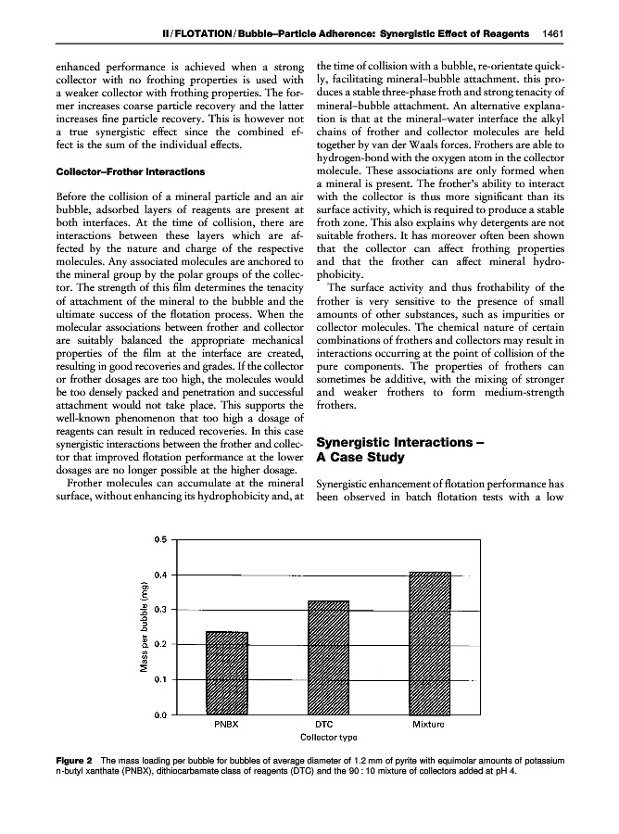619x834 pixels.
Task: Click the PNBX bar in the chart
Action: [x=227, y=673]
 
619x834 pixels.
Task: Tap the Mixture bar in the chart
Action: [x=429, y=643]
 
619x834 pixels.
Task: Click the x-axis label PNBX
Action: [x=227, y=725]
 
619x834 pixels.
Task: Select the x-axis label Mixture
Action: [x=429, y=725]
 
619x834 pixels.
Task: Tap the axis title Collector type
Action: [x=329, y=738]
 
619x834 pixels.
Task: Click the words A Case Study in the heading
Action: [x=363, y=458]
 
